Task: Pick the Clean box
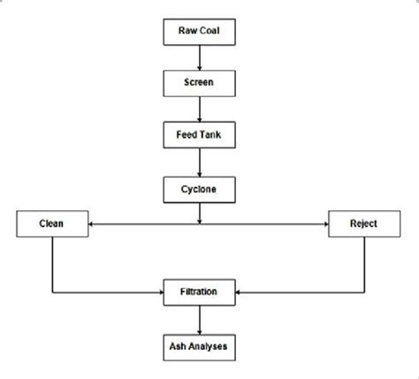point(52,224)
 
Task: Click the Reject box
point(363,224)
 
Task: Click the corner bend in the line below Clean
point(52,291)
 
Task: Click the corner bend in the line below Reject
point(363,291)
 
